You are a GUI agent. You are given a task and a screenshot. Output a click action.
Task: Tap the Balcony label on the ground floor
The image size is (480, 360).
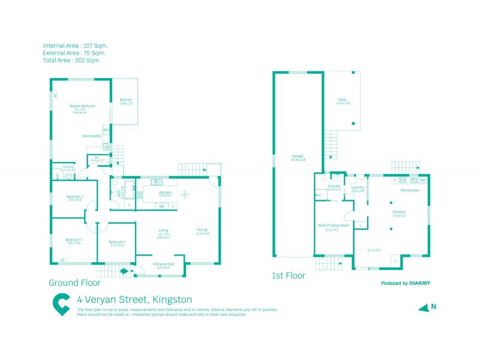(x=126, y=100)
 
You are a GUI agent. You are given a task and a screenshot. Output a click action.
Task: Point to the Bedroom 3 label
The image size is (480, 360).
(x=73, y=239)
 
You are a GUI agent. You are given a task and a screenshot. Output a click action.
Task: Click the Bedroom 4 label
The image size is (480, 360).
(x=116, y=242)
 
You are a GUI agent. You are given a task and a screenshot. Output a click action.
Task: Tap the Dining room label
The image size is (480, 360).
(x=202, y=230)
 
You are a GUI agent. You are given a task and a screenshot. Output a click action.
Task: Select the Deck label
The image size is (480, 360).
(x=343, y=100)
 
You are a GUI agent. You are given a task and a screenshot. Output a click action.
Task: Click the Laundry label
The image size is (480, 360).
(x=358, y=186)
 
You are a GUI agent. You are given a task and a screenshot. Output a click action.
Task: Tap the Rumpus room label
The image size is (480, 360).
(x=399, y=212)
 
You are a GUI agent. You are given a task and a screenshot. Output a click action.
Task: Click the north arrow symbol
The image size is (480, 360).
(x=425, y=307)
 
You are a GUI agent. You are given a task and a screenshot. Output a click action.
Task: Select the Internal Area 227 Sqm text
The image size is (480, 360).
(x=76, y=46)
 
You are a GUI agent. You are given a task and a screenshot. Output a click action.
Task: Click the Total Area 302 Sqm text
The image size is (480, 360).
(x=72, y=60)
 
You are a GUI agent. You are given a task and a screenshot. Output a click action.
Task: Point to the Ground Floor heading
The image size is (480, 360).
(x=74, y=282)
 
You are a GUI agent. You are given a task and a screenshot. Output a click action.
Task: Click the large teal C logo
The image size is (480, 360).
(x=61, y=304)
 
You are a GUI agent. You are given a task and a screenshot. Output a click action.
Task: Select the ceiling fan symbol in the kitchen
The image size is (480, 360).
(x=184, y=193)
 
